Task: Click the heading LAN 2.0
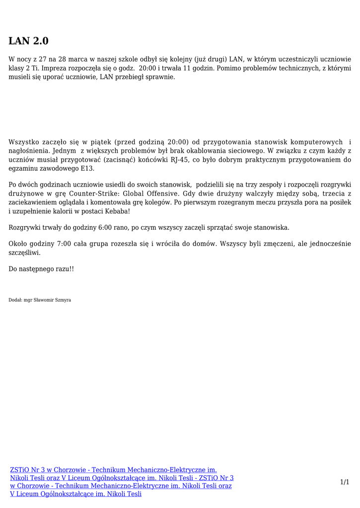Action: click(x=29, y=41)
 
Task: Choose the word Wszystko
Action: click(x=24, y=142)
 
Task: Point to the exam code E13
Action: click(x=87, y=169)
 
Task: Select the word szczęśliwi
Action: click(x=25, y=253)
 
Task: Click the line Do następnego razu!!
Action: click(x=41, y=268)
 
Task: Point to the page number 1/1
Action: click(x=345, y=482)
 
